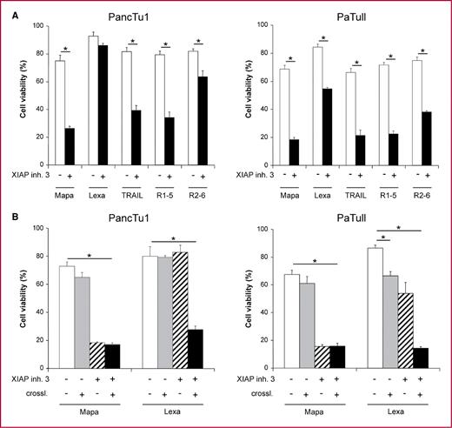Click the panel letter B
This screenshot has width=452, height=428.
coord(8,217)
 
